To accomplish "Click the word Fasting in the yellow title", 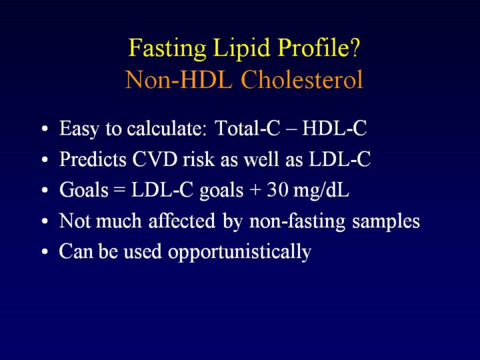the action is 167,49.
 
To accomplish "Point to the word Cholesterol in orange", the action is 302,79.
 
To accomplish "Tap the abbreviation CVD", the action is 155,159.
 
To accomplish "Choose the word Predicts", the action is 93,159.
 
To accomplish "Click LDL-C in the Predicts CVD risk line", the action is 340,159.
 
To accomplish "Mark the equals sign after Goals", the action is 119,191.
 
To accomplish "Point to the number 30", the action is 277,189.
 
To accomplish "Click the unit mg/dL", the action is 321,191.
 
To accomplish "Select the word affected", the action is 182,221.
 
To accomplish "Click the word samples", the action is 386,221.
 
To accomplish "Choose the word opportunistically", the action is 239,252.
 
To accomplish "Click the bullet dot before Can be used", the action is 45,251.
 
